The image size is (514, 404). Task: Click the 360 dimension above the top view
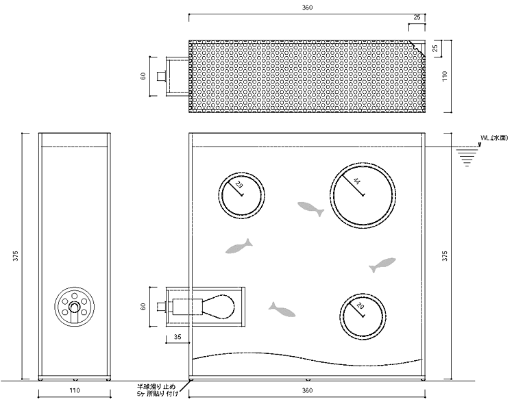pos(307,8)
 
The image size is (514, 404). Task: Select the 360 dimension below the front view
pos(307,390)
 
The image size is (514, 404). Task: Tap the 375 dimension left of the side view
pos(15,256)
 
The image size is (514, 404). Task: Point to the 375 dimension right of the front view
pos(445,256)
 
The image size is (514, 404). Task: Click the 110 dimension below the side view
pos(75,390)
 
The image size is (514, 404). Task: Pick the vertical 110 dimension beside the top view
pos(445,76)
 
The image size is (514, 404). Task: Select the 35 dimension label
pos(178,337)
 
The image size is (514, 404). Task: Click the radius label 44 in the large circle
pos(356,181)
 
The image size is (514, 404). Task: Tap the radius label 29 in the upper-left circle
pos(239,185)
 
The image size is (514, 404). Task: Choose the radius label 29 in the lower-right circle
pos(360,306)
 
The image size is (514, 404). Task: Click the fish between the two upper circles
pos(310,209)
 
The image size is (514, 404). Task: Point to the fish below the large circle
pos(382,265)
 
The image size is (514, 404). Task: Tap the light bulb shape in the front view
pos(218,307)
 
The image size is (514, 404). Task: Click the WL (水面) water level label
pos(494,138)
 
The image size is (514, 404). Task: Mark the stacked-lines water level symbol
pos(467,158)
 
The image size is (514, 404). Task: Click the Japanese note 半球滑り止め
pos(156,387)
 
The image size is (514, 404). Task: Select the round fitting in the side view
pos(75,307)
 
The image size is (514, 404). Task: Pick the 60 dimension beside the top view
pos(143,76)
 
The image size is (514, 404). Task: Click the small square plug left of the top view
pos(161,76)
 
